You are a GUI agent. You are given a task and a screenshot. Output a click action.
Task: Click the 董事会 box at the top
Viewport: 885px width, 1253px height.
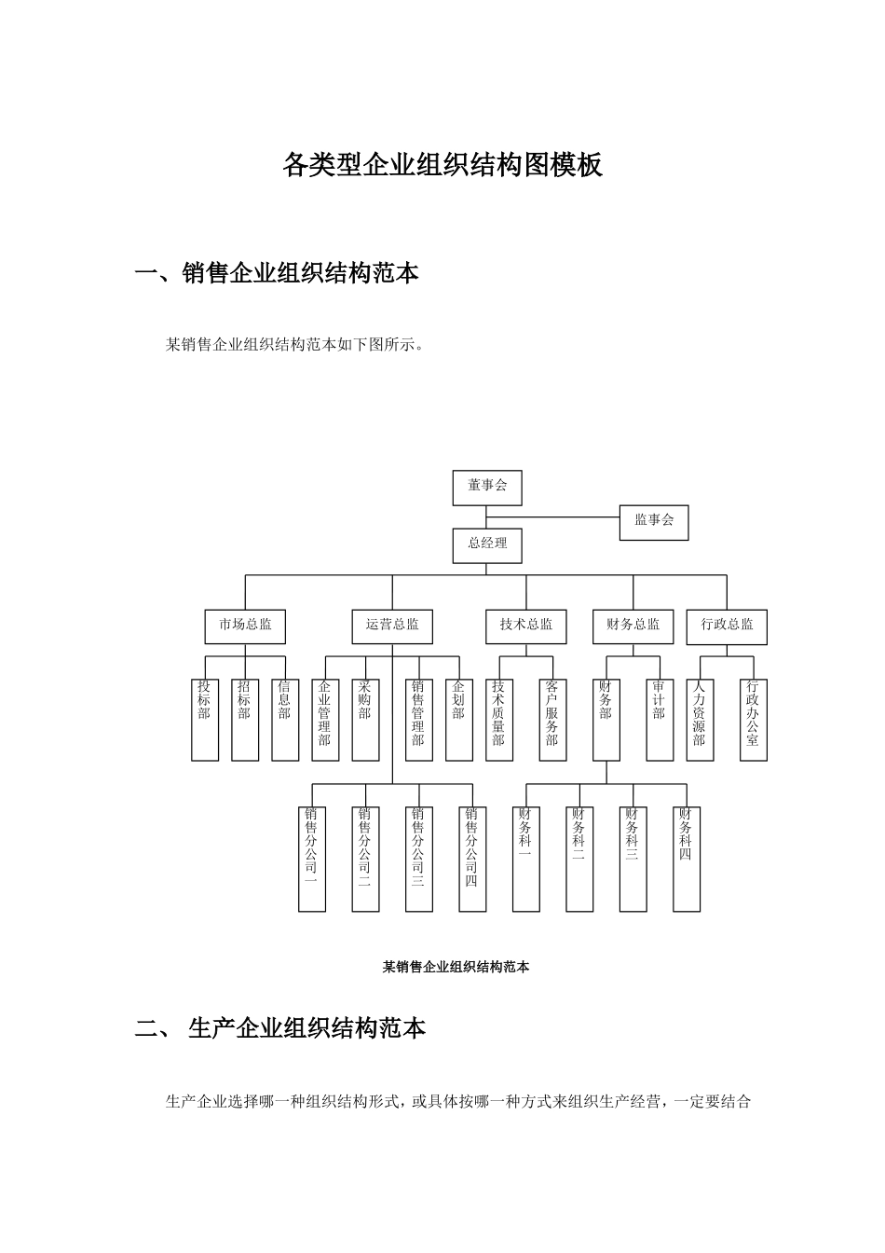pyautogui.click(x=487, y=488)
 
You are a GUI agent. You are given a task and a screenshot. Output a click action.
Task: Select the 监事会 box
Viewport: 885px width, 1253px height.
pyautogui.click(x=654, y=521)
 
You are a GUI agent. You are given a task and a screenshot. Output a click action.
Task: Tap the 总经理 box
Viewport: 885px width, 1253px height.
pyautogui.click(x=487, y=545)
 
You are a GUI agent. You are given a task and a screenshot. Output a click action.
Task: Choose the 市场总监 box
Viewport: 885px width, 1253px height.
pyautogui.click(x=245, y=626)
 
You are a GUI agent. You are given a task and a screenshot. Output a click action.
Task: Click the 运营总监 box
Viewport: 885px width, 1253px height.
pyautogui.click(x=392, y=626)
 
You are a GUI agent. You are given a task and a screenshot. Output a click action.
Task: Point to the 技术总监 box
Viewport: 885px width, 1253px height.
pyautogui.click(x=526, y=626)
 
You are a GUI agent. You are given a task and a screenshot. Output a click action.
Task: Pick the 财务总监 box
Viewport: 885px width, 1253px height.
pyautogui.click(x=633, y=626)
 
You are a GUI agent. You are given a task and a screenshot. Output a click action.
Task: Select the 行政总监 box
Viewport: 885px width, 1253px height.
pyautogui.click(x=727, y=626)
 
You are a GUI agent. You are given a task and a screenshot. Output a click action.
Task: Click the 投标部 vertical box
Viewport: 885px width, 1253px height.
pyautogui.click(x=205, y=720)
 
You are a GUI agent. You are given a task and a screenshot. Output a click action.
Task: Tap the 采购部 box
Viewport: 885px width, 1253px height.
pyautogui.click(x=365, y=720)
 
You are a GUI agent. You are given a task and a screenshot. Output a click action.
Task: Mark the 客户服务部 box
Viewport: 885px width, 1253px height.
pyautogui.click(x=552, y=720)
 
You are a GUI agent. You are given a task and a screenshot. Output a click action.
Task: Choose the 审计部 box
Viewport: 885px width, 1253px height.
pyautogui.click(x=660, y=720)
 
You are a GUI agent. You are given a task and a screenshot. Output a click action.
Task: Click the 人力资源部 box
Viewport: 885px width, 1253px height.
pyautogui.click(x=700, y=720)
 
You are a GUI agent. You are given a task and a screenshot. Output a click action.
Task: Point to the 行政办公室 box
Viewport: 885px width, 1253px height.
pyautogui.click(x=753, y=720)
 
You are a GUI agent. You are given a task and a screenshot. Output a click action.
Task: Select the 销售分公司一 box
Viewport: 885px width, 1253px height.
pyautogui.click(x=312, y=859)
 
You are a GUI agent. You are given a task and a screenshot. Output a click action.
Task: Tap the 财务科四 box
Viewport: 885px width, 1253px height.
pyautogui.click(x=687, y=859)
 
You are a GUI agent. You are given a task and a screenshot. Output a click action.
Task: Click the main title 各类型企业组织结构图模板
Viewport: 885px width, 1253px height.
pyautogui.click(x=442, y=165)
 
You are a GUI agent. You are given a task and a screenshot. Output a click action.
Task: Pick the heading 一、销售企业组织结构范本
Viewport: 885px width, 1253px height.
pyautogui.click(x=277, y=273)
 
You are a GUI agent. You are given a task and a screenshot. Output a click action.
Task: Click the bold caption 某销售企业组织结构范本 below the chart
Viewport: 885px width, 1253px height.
pyautogui.click(x=456, y=967)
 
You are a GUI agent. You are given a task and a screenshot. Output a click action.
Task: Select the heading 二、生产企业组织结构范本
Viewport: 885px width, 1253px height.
pyautogui.click(x=280, y=1029)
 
